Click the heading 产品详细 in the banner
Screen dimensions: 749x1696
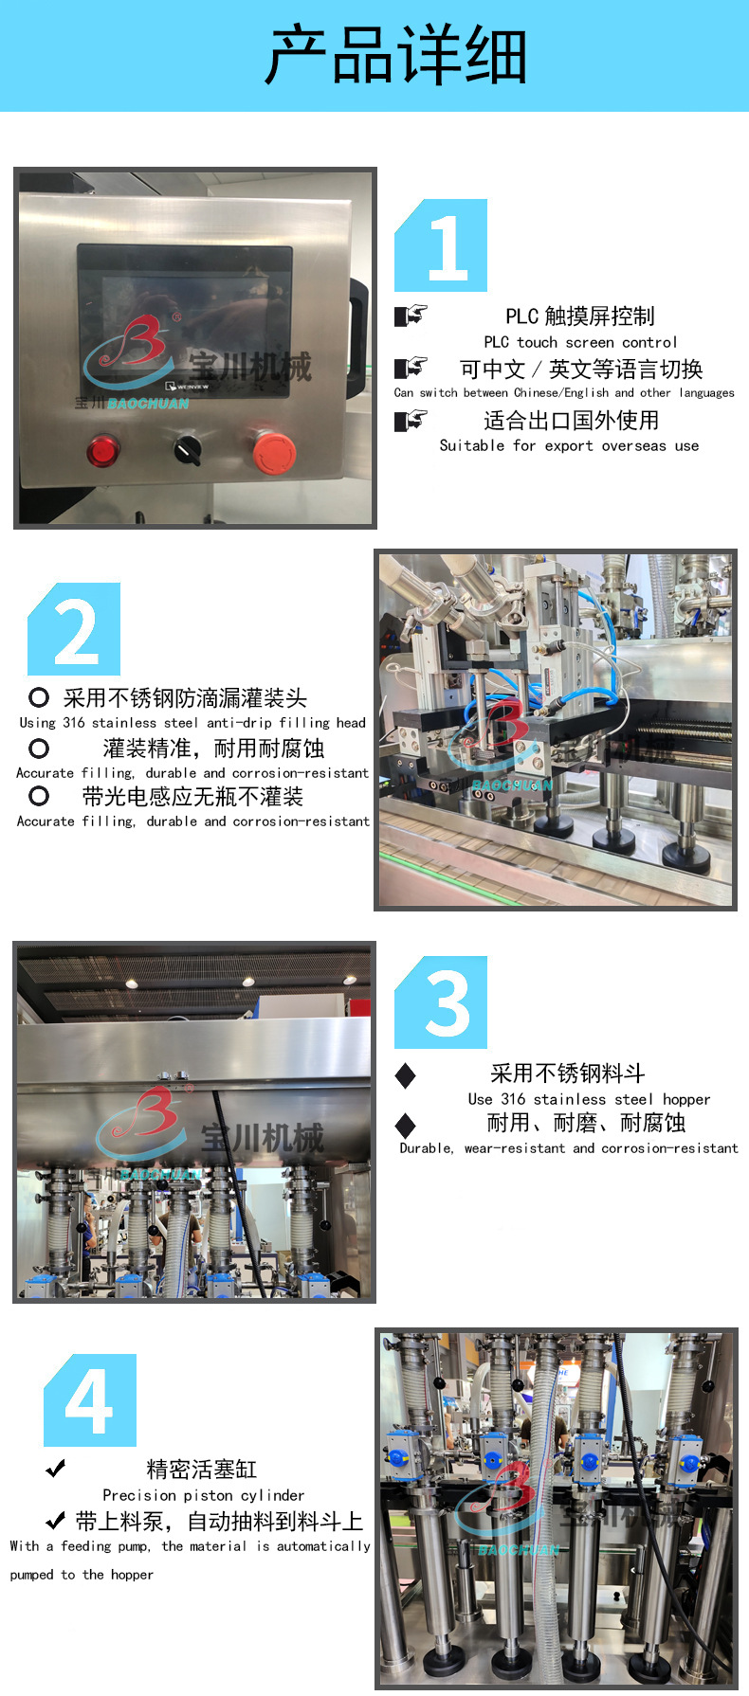[395, 56]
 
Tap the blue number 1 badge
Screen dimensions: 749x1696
[441, 245]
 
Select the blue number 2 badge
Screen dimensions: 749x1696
[74, 629]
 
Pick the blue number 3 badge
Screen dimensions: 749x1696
[441, 1002]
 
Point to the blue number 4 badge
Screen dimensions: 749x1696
[90, 1400]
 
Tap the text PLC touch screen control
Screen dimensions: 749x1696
[580, 342]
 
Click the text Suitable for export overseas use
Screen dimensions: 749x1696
[569, 445]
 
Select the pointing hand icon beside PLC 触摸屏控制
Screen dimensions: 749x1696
[411, 316]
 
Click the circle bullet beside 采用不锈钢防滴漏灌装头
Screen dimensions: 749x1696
[39, 698]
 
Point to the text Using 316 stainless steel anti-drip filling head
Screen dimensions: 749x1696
[192, 723]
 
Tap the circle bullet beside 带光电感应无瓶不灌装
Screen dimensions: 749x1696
[39, 797]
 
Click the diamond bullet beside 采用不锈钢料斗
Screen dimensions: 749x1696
[405, 1074]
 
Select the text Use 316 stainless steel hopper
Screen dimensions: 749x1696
[589, 1099]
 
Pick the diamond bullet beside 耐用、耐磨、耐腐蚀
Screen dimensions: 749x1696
[405, 1125]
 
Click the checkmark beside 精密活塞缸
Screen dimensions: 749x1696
[56, 1469]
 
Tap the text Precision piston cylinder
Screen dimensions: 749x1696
[204, 1495]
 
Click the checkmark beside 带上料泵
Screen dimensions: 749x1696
[56, 1522]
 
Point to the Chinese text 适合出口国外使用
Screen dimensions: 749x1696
[571, 421]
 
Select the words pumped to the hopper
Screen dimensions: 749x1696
[82, 1575]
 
